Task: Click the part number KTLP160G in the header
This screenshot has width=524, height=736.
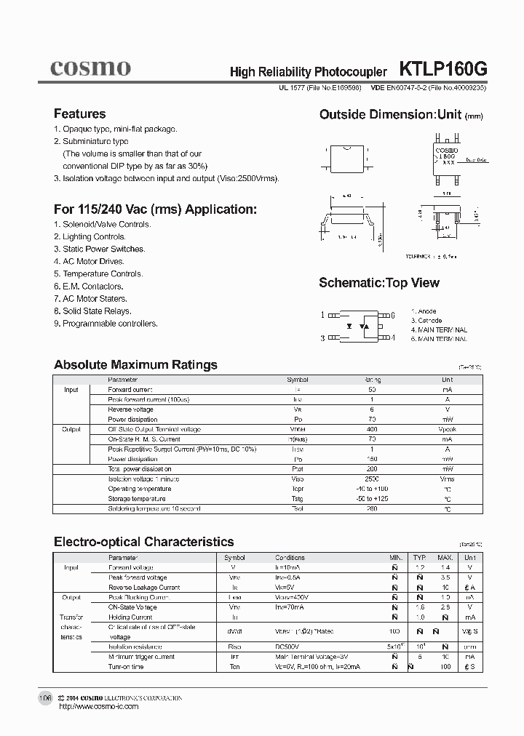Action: click(443, 69)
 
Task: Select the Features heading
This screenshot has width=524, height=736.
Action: click(79, 114)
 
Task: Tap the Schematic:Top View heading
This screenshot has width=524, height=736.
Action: click(379, 283)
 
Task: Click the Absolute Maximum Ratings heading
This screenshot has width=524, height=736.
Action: click(135, 365)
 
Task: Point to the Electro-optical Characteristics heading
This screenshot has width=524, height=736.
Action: click(144, 542)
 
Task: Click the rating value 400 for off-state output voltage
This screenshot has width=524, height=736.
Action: click(373, 429)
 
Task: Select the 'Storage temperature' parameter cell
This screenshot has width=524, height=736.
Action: click(137, 499)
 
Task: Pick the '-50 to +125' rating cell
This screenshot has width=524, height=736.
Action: click(373, 499)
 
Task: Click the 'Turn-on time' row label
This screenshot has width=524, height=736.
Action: click(126, 666)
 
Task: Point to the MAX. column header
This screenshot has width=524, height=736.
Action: click(444, 557)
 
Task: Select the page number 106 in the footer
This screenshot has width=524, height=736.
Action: click(45, 697)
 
